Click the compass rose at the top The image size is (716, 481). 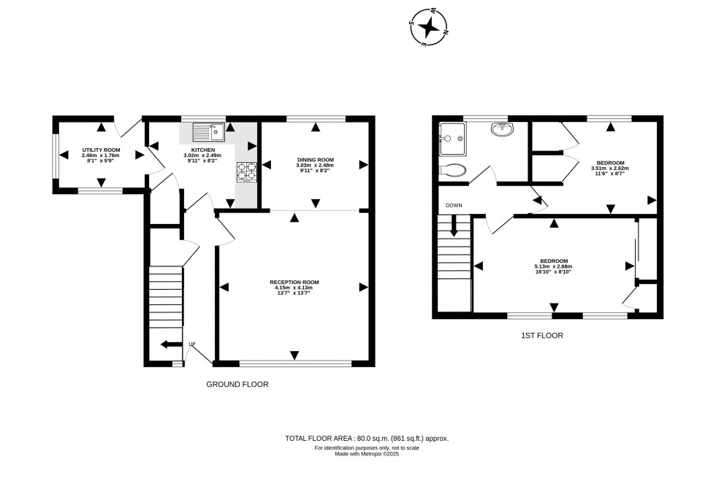click(x=429, y=27)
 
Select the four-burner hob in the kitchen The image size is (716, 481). click(x=246, y=171)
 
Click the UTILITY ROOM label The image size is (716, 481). click(x=101, y=150)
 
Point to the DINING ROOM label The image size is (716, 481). click(x=315, y=160)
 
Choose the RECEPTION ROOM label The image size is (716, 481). click(x=294, y=282)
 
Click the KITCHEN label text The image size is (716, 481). click(x=199, y=150)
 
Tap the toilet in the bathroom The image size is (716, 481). click(x=454, y=171)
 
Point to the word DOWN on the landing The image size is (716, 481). click(x=453, y=205)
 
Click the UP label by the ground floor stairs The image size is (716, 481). click(x=192, y=345)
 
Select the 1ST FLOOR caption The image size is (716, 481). click(x=541, y=336)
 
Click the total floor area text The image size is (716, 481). click(x=367, y=438)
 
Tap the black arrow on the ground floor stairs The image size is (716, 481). click(x=170, y=345)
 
